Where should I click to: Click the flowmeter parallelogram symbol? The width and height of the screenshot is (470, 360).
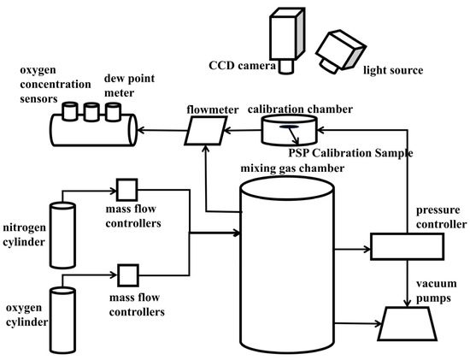pyautogui.click(x=206, y=131)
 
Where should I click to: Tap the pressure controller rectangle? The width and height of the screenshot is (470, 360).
pyautogui.click(x=407, y=246)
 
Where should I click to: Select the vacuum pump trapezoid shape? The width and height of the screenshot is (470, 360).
pyautogui.click(x=407, y=323)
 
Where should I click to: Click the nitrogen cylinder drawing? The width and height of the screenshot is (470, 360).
pyautogui.click(x=62, y=235)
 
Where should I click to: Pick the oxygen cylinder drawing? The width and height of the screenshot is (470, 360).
pyautogui.click(x=62, y=320)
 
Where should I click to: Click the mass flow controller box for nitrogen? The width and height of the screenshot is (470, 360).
pyautogui.click(x=126, y=190)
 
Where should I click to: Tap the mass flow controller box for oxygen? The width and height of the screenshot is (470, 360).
pyautogui.click(x=128, y=275)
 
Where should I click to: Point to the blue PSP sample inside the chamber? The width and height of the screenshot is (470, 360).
pyautogui.click(x=289, y=127)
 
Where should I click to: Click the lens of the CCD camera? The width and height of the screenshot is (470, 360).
pyautogui.click(x=285, y=67)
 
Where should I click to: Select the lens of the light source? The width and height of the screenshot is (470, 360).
pyautogui.click(x=329, y=65)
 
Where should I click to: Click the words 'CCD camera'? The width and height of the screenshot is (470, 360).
pyautogui.click(x=242, y=65)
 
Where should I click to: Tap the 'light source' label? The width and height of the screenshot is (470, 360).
pyautogui.click(x=393, y=70)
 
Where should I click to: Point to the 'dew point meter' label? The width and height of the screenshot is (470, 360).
pyautogui.click(x=129, y=86)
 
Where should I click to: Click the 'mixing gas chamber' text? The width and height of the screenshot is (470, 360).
pyautogui.click(x=292, y=168)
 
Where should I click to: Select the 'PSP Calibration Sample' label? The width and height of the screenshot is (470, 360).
pyautogui.click(x=350, y=153)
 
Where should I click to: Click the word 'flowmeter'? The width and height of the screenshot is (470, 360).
pyautogui.click(x=213, y=109)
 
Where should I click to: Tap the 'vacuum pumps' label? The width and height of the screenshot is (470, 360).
pyautogui.click(x=436, y=291)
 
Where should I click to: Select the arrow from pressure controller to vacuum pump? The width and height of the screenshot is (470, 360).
pyautogui.click(x=407, y=283)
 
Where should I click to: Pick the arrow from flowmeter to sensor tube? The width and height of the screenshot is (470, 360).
pyautogui.click(x=162, y=131)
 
